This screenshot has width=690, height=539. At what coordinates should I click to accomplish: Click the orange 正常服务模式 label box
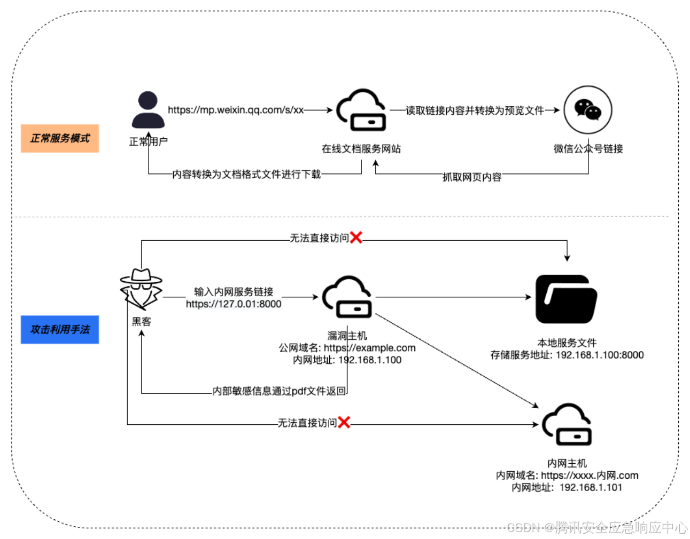click(x=60, y=138)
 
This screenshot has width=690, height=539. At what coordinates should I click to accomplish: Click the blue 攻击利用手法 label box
click(x=60, y=329)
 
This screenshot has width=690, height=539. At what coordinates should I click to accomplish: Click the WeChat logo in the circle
click(x=588, y=110)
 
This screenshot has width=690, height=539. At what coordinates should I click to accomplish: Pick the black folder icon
click(x=566, y=299)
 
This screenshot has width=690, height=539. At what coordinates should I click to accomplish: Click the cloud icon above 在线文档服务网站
click(x=362, y=110)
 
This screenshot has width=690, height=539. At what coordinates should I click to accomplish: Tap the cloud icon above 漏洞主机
click(x=347, y=297)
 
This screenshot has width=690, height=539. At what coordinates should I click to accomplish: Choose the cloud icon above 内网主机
click(x=567, y=425)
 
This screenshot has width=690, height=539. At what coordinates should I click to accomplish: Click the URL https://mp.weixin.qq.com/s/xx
click(x=236, y=110)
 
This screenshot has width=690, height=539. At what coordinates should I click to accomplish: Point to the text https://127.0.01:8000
click(x=234, y=304)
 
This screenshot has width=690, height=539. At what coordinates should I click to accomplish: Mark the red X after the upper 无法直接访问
click(x=356, y=237)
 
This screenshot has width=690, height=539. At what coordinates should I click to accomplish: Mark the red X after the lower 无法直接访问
click(x=344, y=423)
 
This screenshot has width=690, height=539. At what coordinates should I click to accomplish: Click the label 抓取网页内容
click(x=472, y=177)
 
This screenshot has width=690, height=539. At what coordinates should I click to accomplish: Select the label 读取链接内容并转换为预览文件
click(x=475, y=110)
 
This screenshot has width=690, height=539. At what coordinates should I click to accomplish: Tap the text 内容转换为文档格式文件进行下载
click(x=246, y=175)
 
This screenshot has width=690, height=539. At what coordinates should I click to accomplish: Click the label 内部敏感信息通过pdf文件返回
click(x=279, y=391)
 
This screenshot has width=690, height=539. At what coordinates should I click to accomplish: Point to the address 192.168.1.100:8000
click(x=600, y=355)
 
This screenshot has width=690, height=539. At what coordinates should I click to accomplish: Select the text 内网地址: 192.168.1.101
click(x=567, y=487)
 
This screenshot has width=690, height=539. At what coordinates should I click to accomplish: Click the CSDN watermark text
click(x=596, y=528)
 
